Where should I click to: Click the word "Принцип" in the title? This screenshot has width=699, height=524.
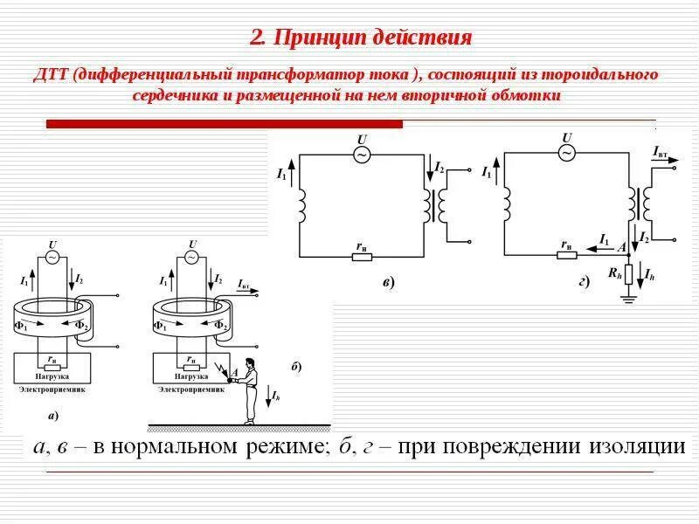point(309,38)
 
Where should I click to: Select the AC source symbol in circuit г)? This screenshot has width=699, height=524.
point(567,153)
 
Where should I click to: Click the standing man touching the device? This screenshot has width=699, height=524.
point(250,390)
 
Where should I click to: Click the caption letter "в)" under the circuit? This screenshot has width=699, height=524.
point(388,281)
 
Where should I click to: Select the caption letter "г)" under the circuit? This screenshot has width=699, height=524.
point(583,281)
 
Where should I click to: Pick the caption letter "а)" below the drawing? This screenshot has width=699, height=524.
point(52,414)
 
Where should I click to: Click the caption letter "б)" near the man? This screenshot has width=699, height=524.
point(297,367)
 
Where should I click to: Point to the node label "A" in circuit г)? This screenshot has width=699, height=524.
point(621,247)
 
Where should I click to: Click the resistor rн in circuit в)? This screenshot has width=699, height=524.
point(362,256)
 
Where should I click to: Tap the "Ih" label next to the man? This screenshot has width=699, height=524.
point(276,396)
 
